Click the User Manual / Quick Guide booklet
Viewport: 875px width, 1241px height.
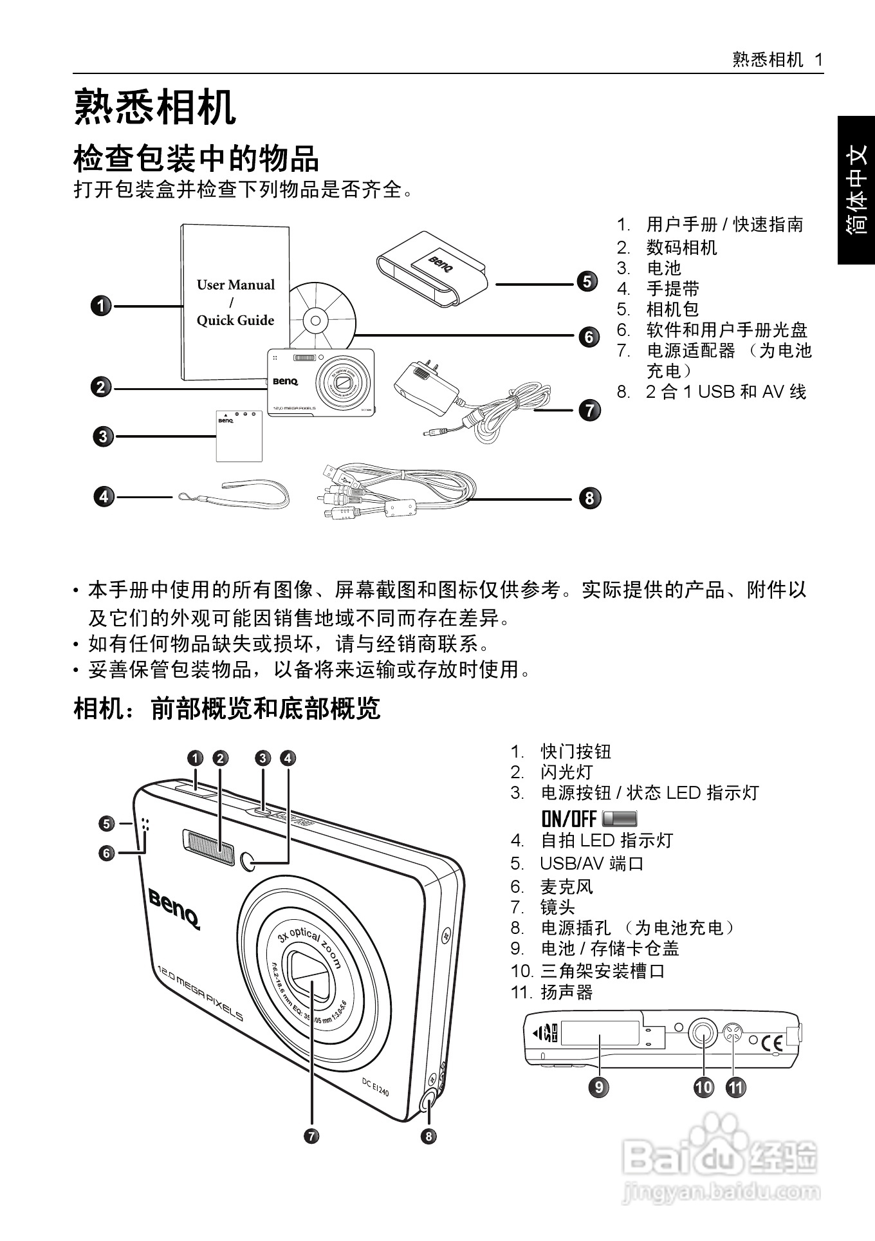click(234, 303)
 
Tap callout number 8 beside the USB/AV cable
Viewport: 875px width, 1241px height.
click(589, 498)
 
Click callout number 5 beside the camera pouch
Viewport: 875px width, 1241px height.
click(587, 281)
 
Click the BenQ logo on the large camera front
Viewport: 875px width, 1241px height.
click(174, 907)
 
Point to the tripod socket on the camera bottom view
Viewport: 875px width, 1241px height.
click(703, 1034)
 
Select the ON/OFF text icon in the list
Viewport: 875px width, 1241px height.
click(569, 818)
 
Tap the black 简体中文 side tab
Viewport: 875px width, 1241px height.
click(856, 190)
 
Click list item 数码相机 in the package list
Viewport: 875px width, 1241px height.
click(681, 247)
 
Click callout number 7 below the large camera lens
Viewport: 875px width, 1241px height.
click(311, 1135)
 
